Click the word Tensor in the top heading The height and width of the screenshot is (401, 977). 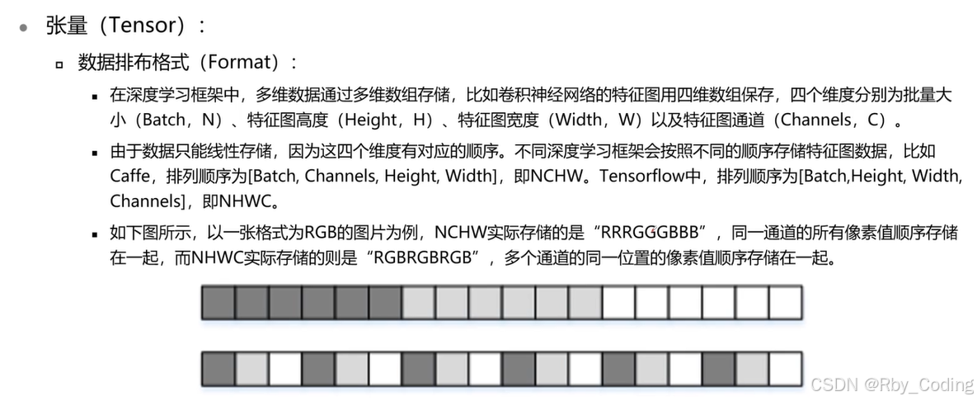point(143,26)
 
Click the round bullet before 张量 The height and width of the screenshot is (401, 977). point(25,26)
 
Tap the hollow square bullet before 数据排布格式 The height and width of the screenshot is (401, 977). point(59,64)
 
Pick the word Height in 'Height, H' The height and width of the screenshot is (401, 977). point(370,120)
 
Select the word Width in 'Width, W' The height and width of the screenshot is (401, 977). point(579,120)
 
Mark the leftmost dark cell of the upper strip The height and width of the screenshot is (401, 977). point(218,302)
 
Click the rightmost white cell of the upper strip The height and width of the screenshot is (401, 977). point(785,302)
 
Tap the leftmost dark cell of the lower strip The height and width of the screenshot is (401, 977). point(218,368)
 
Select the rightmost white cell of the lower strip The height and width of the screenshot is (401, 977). point(785,368)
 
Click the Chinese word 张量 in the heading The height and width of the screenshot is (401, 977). point(67,26)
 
